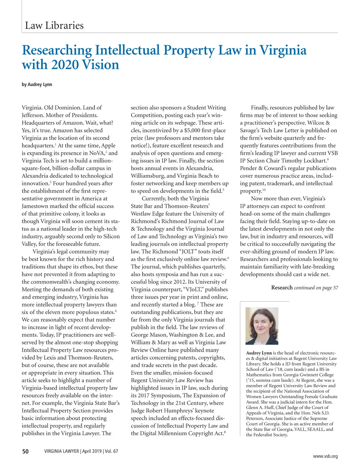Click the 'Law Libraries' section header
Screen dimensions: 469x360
pyautogui.click(x=54, y=25)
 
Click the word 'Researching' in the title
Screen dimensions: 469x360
pyautogui.click(x=57, y=50)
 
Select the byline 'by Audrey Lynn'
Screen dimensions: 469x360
pyautogui.click(x=37, y=85)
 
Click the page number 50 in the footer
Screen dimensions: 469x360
pyautogui.click(x=25, y=451)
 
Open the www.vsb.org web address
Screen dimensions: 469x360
pyautogui.click(x=325, y=456)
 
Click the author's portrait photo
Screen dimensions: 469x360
pyautogui.click(x=262, y=326)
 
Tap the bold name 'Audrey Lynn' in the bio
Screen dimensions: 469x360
pyautogui.click(x=259, y=353)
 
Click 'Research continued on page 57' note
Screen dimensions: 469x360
pyautogui.click(x=304, y=288)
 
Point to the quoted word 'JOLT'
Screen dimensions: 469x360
pyautogui.click(x=187, y=252)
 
